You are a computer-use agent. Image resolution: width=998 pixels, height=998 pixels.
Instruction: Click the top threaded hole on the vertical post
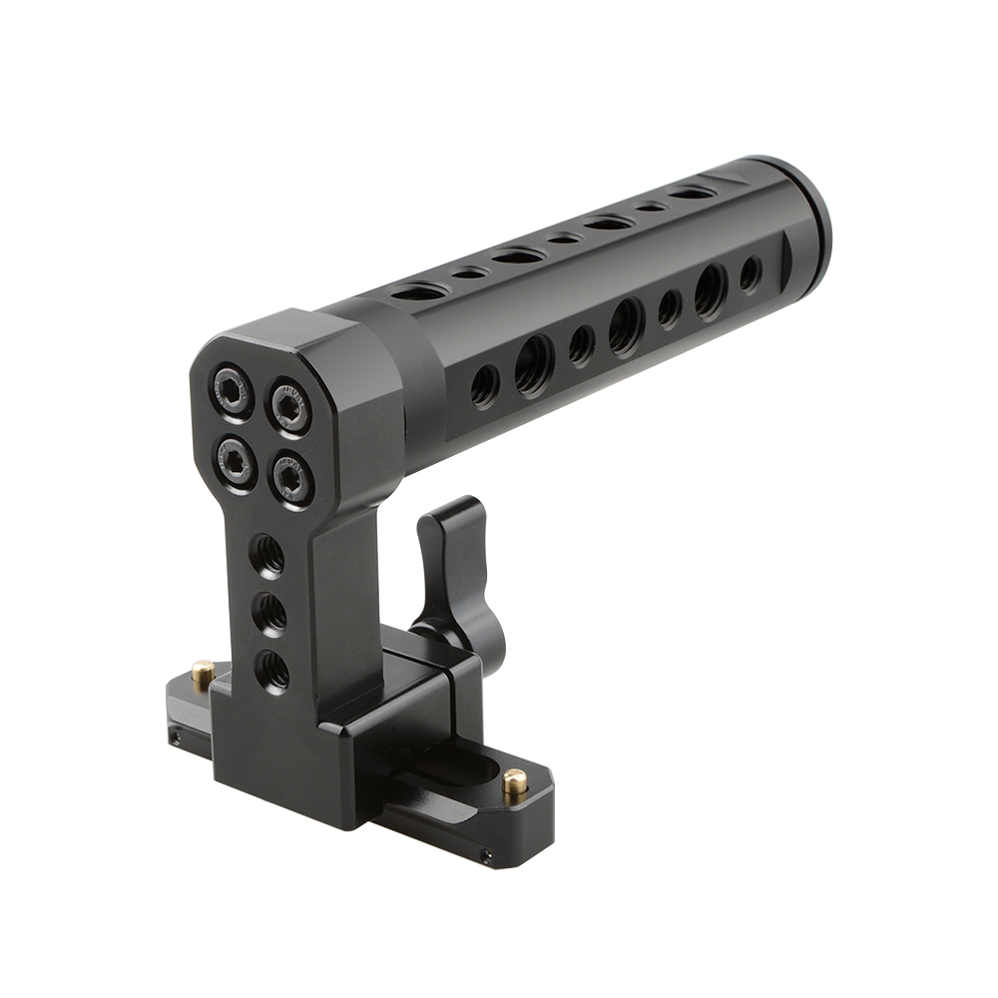pyautogui.click(x=266, y=556)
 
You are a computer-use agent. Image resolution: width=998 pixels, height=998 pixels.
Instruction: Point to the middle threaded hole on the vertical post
pyautogui.click(x=270, y=612)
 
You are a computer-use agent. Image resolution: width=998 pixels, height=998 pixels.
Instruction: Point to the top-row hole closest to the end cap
pyautogui.click(x=692, y=192)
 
